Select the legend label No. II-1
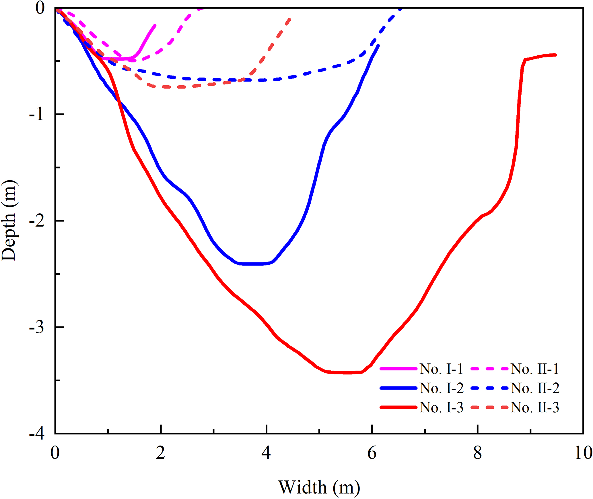click(x=535, y=369)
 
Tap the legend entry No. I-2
click(x=442, y=388)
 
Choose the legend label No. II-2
click(x=535, y=388)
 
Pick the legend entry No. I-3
click(x=442, y=407)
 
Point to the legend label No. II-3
click(x=535, y=407)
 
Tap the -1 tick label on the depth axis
click(x=37, y=115)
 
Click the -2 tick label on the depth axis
click(x=37, y=221)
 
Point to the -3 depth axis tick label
click(x=37, y=327)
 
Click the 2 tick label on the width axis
click(x=161, y=453)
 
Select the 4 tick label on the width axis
click(x=266, y=453)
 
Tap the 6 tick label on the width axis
click(x=372, y=453)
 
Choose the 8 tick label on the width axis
click(x=477, y=453)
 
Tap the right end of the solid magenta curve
click(x=155, y=26)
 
